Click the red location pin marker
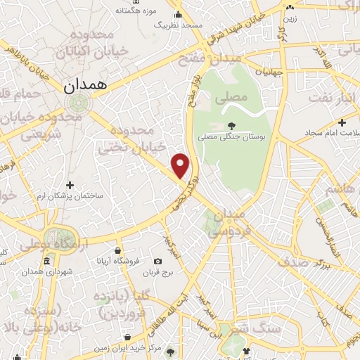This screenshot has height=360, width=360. point(181,166)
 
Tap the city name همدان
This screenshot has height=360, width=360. point(84,86)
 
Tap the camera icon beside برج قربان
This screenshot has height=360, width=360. point(157,262)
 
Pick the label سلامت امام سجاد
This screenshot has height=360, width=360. point(331,133)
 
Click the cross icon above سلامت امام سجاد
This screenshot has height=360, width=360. point(342,122)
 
